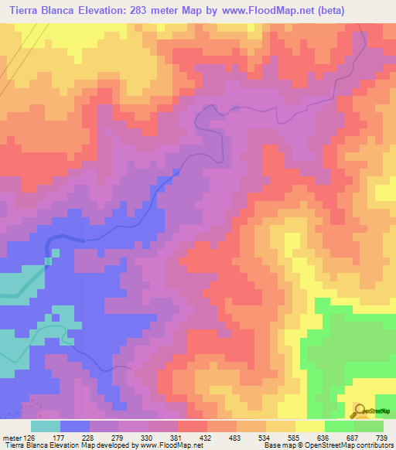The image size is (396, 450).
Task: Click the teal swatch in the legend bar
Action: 46,425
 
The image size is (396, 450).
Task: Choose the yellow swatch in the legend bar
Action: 309,425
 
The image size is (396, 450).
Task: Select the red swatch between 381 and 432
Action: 192,425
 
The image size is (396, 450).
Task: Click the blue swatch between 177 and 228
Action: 75,425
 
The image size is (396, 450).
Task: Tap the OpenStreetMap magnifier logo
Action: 360,410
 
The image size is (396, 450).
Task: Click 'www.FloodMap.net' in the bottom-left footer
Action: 155,445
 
